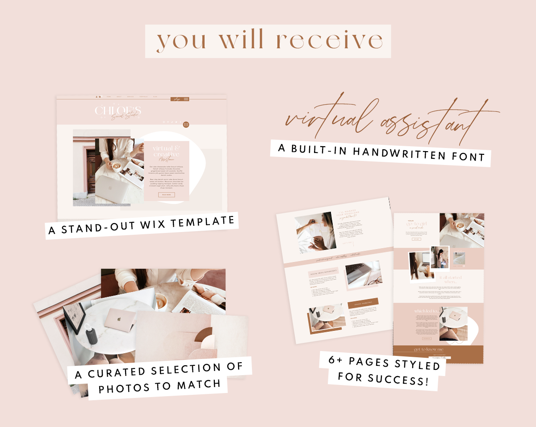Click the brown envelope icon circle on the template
coord(186,124)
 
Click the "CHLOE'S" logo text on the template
coord(118,110)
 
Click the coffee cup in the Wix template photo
coord(117,166)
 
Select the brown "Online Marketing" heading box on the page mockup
coord(363,303)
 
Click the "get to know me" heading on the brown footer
coord(428,349)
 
